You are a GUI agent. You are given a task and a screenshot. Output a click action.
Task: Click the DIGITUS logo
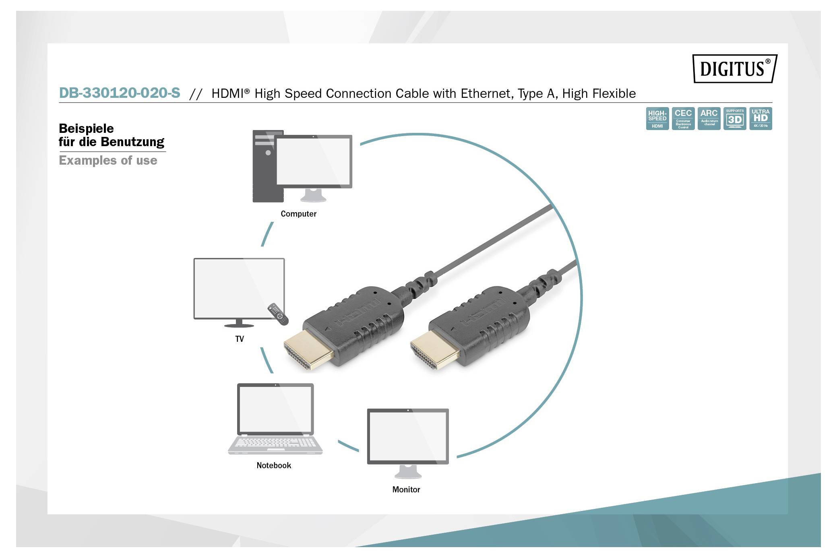734,69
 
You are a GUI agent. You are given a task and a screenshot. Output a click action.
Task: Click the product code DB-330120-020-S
120,93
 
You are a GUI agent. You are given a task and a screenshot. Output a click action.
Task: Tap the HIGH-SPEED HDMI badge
657,118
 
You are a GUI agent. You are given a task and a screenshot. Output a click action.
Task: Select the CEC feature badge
683,118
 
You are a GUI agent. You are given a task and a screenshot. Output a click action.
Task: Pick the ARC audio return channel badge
709,118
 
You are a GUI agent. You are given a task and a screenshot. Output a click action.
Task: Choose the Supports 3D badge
735,118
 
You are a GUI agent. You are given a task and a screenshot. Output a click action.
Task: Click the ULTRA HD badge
761,118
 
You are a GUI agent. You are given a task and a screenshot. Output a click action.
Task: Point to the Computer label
298,214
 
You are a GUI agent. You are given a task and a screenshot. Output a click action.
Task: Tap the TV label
240,339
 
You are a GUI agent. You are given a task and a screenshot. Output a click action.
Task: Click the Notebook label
274,465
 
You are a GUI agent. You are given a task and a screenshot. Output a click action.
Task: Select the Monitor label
406,490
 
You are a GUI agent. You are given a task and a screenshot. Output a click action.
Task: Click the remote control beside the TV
278,314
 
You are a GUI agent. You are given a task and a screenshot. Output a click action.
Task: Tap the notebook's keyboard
275,443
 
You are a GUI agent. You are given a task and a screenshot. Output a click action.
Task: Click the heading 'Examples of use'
108,160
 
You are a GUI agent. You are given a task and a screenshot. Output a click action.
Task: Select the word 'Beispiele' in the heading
86,128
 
